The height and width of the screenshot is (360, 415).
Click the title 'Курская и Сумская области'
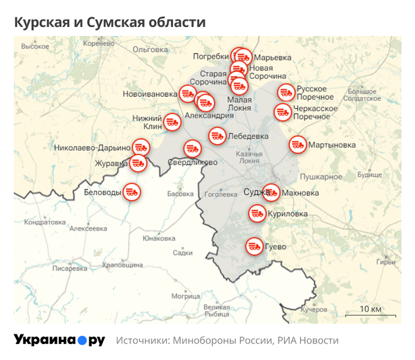110,22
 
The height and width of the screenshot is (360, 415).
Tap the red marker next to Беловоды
131,191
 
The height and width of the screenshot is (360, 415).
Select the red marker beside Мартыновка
298,145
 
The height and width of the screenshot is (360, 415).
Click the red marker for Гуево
255,245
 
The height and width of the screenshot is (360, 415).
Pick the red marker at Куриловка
257,213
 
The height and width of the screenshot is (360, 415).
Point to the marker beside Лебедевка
218,136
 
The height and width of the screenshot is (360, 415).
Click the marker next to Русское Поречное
286,92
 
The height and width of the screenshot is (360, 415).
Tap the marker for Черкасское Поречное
282,111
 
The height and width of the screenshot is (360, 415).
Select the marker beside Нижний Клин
172,123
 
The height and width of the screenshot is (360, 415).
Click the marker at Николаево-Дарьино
141,147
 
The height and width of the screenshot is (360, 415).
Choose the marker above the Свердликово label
192,148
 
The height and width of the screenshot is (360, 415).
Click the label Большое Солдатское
362,95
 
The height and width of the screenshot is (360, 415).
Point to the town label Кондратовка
44,222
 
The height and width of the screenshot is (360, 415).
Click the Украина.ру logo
59,340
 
